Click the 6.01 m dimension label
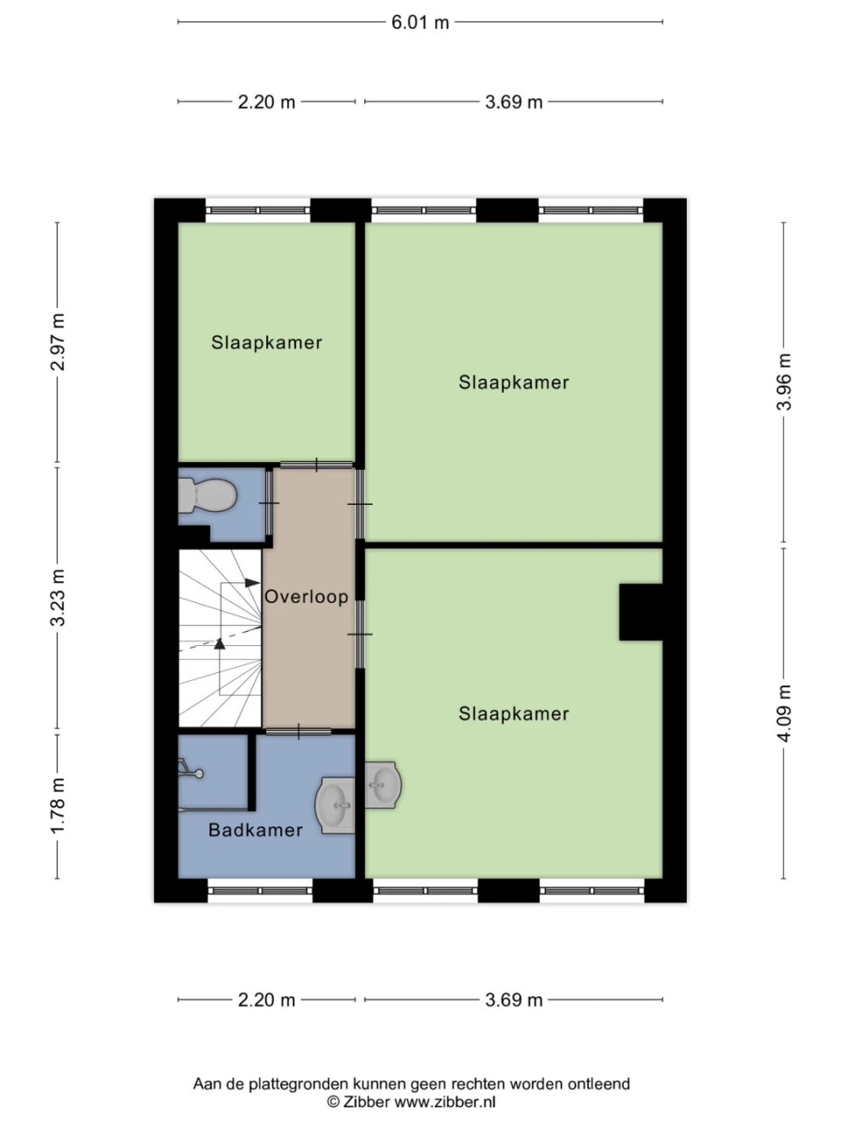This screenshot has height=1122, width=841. (x=420, y=23)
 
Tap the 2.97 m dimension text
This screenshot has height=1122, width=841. (x=58, y=342)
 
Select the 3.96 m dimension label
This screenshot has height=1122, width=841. (x=784, y=382)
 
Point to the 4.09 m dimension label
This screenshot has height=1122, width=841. (x=784, y=713)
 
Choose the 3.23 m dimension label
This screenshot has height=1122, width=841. (x=58, y=598)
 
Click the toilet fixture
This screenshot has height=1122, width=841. (x=208, y=496)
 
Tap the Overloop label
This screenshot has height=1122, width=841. (x=307, y=597)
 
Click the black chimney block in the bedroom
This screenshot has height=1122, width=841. (x=641, y=612)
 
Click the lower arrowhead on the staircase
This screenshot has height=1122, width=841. (x=220, y=643)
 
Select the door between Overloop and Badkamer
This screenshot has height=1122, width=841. (x=299, y=731)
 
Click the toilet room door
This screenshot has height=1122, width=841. (x=269, y=503)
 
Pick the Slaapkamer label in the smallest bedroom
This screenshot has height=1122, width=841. (x=266, y=343)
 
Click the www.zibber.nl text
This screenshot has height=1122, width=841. (x=445, y=1102)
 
